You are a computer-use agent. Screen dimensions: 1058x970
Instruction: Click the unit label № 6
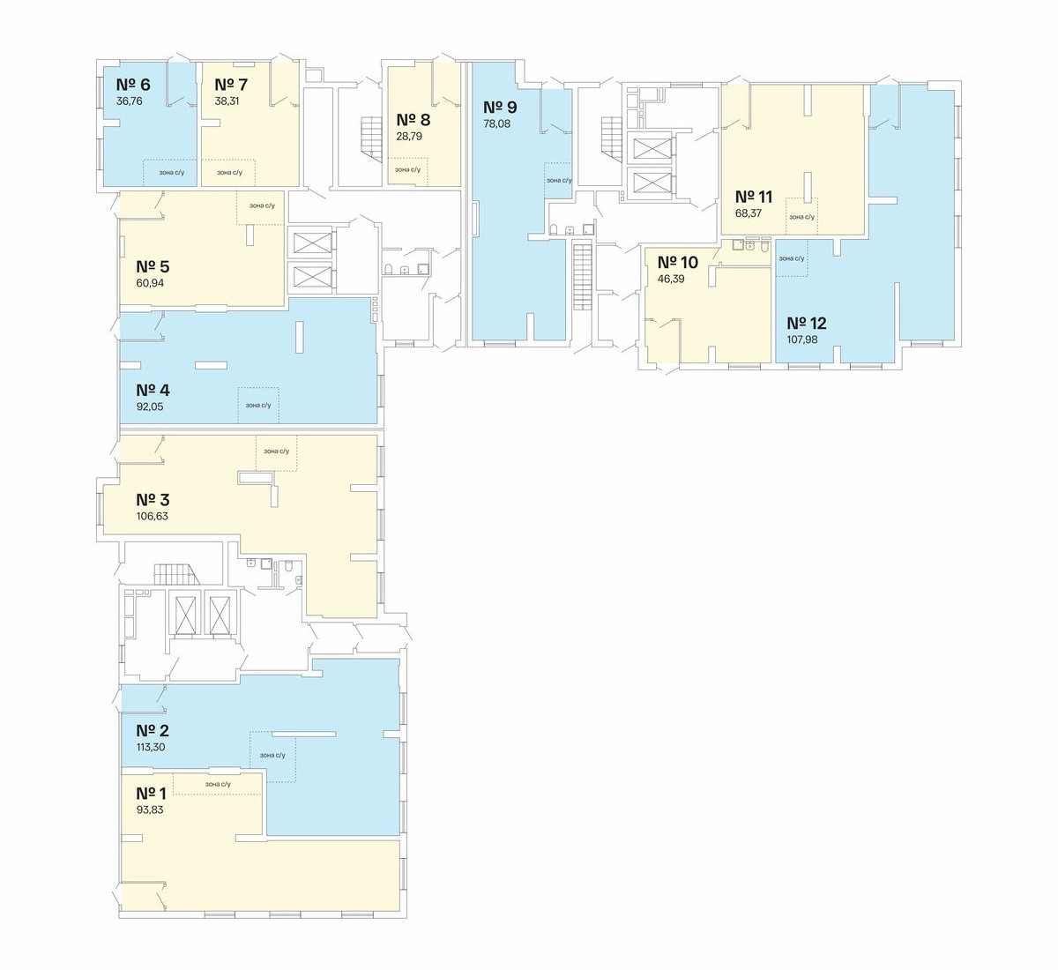[x=133, y=85]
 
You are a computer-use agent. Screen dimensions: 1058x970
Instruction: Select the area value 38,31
[x=227, y=101]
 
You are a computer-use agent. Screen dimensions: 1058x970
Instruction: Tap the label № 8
[x=413, y=120]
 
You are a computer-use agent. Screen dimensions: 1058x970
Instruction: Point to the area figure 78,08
[x=497, y=124]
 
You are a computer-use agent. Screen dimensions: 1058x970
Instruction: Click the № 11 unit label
[x=754, y=197]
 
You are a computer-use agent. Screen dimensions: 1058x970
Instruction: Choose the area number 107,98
[x=801, y=339]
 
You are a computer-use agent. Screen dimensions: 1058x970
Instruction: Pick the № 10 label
[x=678, y=262]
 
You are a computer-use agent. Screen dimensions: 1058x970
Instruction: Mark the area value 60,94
[x=150, y=283]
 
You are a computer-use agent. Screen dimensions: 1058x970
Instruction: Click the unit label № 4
[x=153, y=390]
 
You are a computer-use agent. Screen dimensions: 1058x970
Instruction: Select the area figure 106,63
[x=152, y=516]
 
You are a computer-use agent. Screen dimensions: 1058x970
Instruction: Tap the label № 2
[x=153, y=730]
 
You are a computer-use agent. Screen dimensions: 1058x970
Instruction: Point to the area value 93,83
[x=150, y=810]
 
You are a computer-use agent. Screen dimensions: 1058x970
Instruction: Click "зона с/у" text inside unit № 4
[x=258, y=406]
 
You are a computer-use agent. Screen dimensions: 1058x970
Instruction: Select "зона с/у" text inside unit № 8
[x=407, y=170]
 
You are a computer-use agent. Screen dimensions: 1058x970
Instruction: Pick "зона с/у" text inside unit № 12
[x=792, y=258]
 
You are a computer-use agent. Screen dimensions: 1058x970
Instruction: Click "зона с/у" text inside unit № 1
[x=218, y=784]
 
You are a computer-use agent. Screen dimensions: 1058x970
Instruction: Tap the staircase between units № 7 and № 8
[x=371, y=141]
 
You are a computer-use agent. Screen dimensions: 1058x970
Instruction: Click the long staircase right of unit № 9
[x=584, y=275]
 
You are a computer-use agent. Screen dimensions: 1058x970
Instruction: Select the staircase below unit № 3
[x=178, y=574]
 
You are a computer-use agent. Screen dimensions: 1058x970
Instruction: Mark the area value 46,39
[x=671, y=280]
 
